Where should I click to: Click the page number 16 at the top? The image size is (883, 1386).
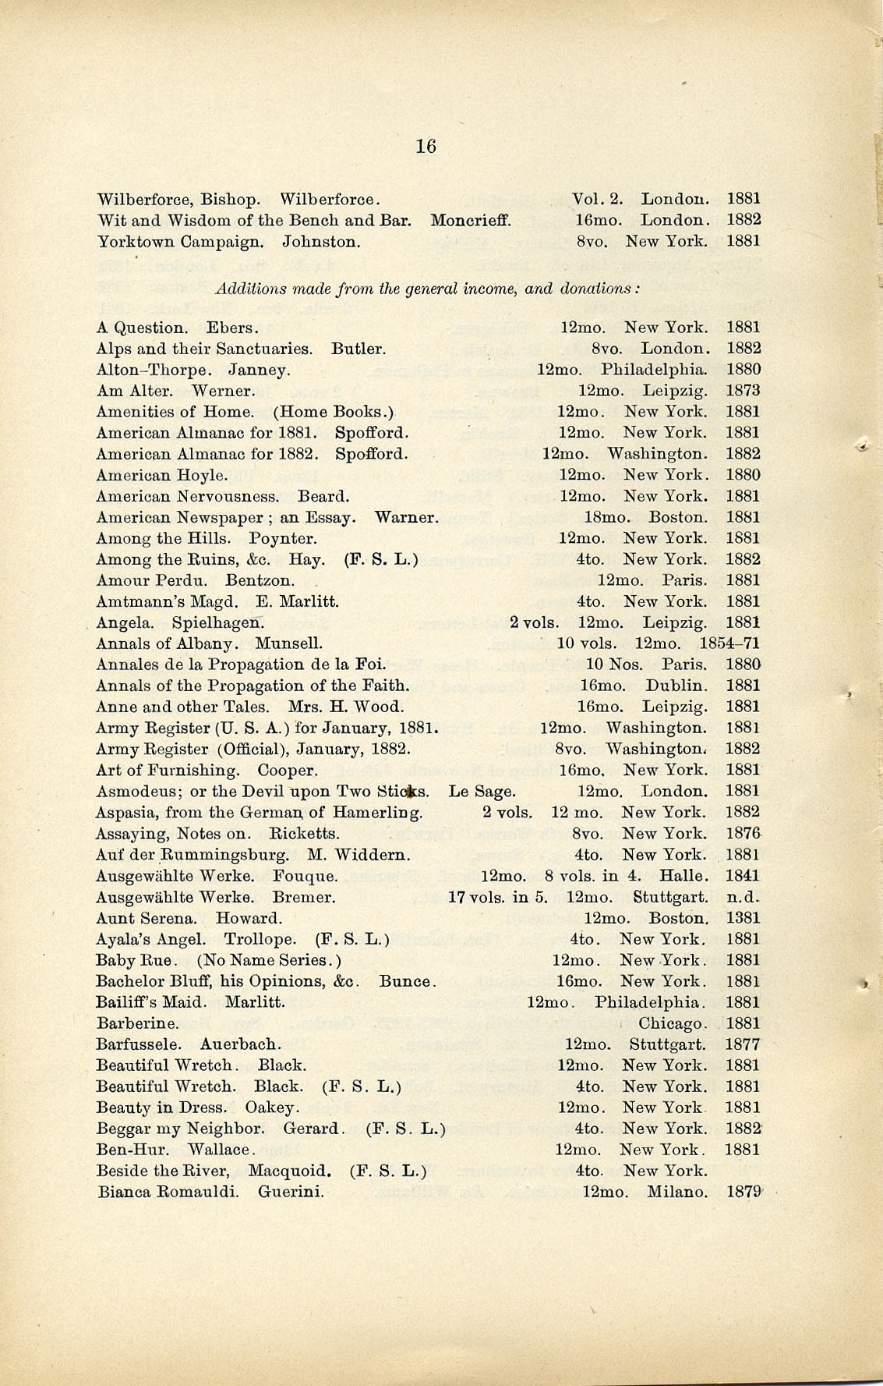(426, 146)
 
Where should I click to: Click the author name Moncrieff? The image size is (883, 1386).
(470, 220)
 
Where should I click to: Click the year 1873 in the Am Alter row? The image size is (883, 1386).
(743, 390)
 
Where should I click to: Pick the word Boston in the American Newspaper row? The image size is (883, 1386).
(678, 517)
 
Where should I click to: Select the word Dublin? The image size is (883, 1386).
(676, 686)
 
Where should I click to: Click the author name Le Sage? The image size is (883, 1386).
(482, 792)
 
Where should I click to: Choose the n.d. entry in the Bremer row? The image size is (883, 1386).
(743, 897)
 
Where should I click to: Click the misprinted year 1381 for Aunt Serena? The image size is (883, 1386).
(743, 918)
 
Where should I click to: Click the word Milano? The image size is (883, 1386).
(677, 1192)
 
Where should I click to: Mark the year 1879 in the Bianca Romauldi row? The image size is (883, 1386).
(743, 1192)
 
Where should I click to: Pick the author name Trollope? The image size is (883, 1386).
(260, 939)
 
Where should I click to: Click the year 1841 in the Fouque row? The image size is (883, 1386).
(743, 876)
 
